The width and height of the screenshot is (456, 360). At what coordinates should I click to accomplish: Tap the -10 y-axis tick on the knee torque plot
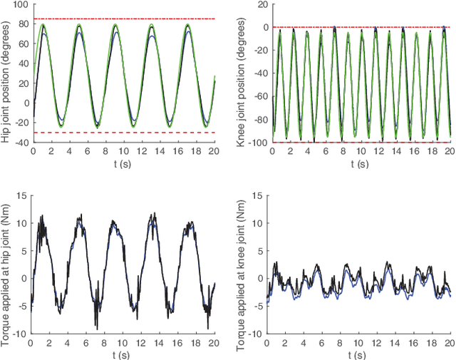[256, 333]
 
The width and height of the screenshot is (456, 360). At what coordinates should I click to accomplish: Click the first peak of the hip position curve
[43, 26]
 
